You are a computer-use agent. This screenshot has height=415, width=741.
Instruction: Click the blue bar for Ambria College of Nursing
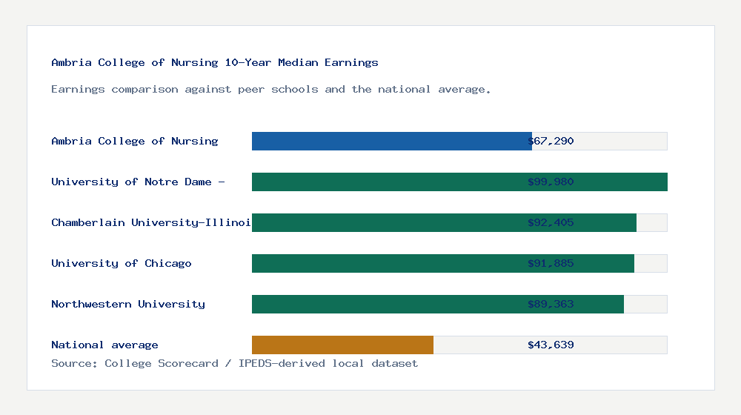pyautogui.click(x=391, y=141)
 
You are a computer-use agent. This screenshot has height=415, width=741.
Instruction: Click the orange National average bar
pyautogui.click(x=342, y=345)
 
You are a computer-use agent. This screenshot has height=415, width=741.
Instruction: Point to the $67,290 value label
pyautogui.click(x=551, y=141)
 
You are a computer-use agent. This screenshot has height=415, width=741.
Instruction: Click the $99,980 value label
pyautogui.click(x=551, y=182)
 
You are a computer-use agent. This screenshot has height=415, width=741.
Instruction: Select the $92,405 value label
pyautogui.click(x=551, y=222)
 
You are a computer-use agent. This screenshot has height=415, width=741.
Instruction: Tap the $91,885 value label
pyautogui.click(x=551, y=263)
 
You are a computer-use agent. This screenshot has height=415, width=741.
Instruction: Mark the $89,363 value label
pyautogui.click(x=551, y=304)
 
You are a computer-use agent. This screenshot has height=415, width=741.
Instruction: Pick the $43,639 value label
pyautogui.click(x=551, y=345)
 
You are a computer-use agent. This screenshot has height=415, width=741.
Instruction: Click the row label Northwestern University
pyautogui.click(x=128, y=304)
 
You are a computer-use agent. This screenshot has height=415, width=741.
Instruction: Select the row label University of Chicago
pyautogui.click(x=122, y=263)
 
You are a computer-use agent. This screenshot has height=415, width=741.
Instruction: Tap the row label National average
pyautogui.click(x=104, y=345)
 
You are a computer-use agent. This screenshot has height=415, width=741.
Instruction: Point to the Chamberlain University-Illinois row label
pyautogui.click(x=151, y=222)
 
